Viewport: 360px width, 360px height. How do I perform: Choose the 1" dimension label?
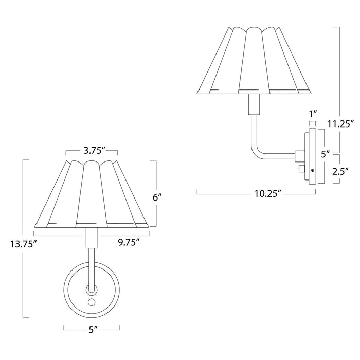tap(311, 113)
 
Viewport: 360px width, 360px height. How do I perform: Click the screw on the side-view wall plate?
tap(312, 170)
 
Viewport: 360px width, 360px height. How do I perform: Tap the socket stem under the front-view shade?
tap(92, 238)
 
